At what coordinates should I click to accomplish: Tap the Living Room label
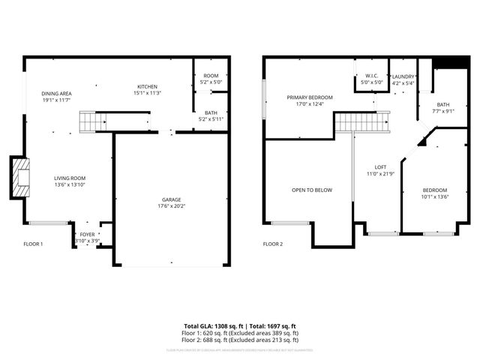[68, 178]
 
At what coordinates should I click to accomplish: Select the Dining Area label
[56, 93]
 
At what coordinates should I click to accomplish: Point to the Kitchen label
[147, 86]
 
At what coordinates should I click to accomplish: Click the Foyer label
[88, 234]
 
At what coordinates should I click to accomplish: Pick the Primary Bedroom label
[310, 97]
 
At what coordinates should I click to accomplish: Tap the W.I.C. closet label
[371, 76]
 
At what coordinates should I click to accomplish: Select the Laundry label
[403, 76]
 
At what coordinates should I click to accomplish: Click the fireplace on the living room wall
[20, 178]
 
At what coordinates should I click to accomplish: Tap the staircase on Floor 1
[90, 120]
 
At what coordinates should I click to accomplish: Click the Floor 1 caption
[34, 244]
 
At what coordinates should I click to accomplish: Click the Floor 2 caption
[273, 244]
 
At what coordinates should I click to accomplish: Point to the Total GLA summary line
[240, 326]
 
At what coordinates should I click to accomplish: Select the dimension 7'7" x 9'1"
[443, 111]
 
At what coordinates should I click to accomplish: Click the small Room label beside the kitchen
[211, 76]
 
